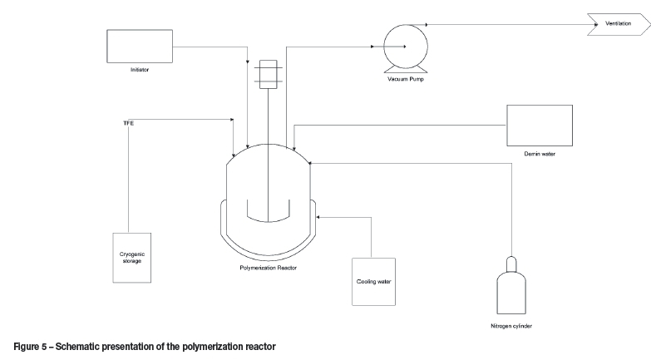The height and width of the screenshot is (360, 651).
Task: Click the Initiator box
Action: (139, 47)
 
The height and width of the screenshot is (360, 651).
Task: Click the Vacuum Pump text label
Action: (407, 78)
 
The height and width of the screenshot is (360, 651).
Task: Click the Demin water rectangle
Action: (540, 125)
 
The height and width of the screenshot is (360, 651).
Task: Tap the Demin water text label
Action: (540, 155)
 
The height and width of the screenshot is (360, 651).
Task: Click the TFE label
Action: (129, 123)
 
